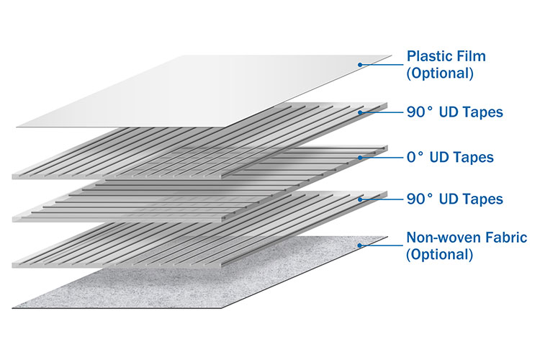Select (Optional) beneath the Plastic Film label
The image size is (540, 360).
pos(440,73)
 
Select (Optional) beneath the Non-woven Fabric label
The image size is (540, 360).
pos(440,254)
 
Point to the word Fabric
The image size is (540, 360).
pos(508,237)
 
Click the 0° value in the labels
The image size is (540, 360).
pos(416,156)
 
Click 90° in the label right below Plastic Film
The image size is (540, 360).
pos(420,112)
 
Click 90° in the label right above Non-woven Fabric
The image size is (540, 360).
pos(420,199)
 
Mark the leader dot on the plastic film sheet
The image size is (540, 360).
pos(359,65)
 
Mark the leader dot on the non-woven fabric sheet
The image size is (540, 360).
pos(359,246)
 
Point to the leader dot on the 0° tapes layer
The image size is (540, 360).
pos(359,156)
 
